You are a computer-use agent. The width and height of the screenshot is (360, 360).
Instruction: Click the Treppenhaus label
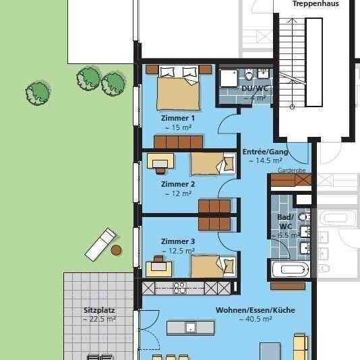[315, 4]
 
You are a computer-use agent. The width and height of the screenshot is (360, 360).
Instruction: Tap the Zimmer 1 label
[178, 118]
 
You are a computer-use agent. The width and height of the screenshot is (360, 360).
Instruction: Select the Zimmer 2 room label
[178, 183]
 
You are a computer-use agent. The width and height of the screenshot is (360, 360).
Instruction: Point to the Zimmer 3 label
[178, 241]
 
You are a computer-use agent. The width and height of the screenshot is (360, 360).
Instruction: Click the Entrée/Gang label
[265, 152]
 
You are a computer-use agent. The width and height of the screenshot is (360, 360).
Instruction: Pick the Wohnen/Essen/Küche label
[255, 310]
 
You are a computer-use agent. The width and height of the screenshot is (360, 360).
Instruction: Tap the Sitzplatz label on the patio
[99, 311]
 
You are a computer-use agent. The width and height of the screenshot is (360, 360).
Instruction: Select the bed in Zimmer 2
[211, 164]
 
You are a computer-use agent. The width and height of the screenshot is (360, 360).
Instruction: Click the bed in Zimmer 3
[212, 266]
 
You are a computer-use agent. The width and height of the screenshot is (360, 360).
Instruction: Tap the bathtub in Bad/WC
[290, 270]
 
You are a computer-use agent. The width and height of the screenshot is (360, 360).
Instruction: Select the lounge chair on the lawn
[100, 244]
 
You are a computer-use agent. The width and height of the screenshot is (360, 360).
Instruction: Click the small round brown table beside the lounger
[117, 250]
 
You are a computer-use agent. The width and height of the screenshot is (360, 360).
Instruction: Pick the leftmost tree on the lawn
[38, 91]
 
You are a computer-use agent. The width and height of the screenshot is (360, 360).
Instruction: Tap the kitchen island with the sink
[191, 328]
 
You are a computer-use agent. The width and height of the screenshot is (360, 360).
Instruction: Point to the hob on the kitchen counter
[180, 288]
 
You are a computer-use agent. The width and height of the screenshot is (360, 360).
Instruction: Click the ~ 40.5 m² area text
[255, 320]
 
